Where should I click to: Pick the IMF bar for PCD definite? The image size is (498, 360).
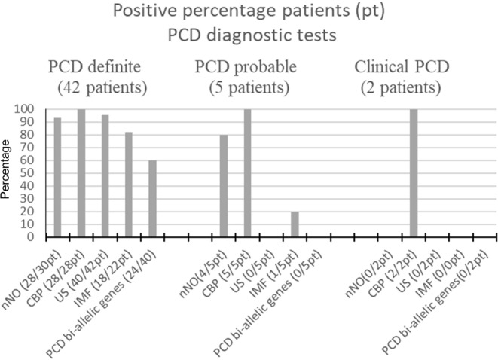point(129,185)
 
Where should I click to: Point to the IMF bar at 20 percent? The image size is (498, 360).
point(295,224)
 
